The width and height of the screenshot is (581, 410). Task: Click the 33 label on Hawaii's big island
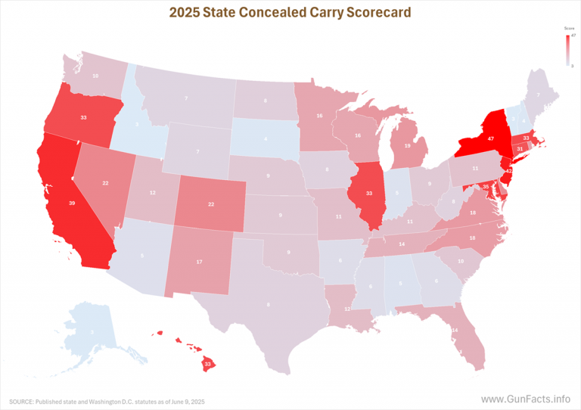[x=207, y=363]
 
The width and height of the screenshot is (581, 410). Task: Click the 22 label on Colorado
[x=212, y=204]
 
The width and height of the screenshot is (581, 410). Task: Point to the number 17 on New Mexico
[x=199, y=262]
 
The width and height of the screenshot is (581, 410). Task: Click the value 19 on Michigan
[x=408, y=146]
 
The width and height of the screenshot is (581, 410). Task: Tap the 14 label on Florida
[x=455, y=331]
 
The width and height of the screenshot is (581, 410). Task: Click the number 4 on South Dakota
[x=266, y=139]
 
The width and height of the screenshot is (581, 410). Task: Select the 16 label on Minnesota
[x=320, y=116]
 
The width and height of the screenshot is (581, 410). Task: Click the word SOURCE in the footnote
[x=23, y=400]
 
